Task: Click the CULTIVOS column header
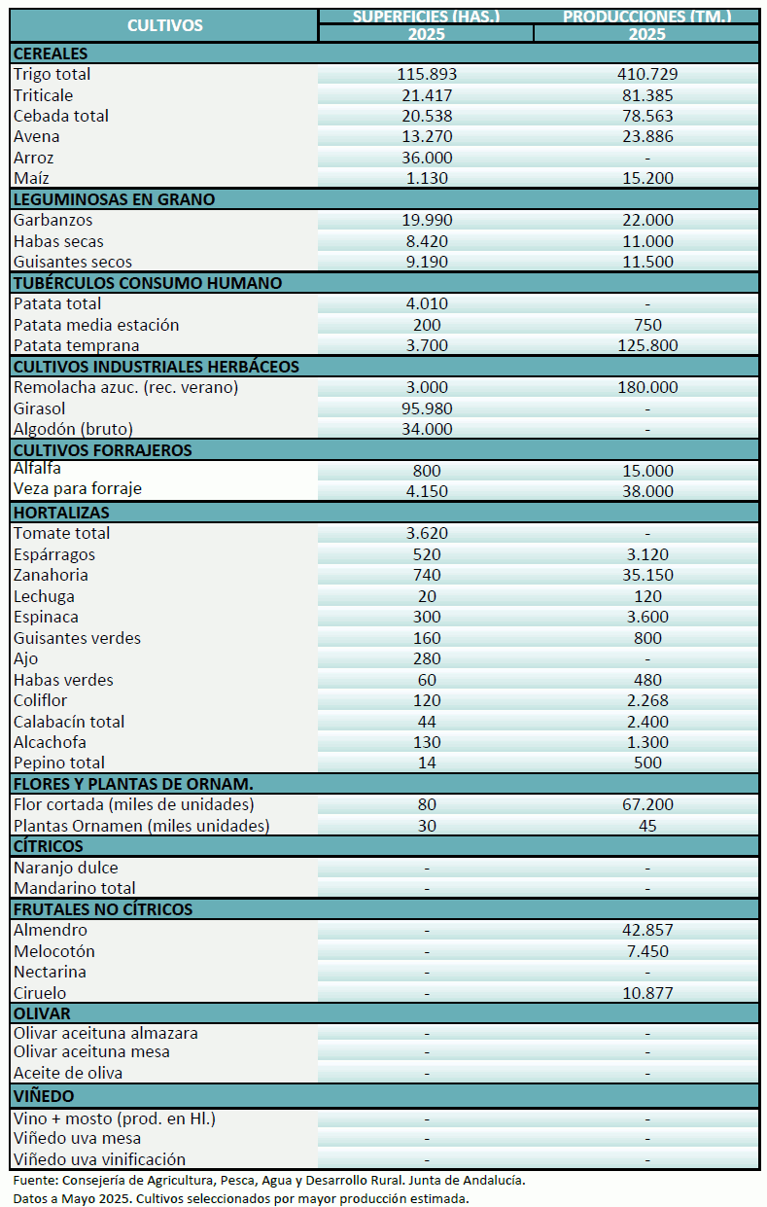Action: [x=164, y=25]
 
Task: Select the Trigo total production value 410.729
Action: [x=646, y=74]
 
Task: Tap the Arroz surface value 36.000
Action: [x=426, y=158]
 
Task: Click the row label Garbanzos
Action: [x=53, y=220]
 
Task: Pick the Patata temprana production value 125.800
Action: [x=646, y=345]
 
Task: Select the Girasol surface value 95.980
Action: [x=426, y=408]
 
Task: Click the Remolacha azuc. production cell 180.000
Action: [x=646, y=387]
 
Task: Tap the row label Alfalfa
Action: [x=38, y=469]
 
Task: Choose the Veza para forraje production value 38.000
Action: [x=646, y=491]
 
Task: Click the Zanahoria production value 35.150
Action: [x=646, y=575]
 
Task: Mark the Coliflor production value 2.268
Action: [x=646, y=700]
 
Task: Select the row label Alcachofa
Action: [x=50, y=742]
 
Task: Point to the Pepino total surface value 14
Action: [x=426, y=763]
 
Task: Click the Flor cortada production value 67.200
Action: [x=646, y=804]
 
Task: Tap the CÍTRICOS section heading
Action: [x=49, y=846]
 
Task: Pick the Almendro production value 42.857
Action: [x=646, y=930]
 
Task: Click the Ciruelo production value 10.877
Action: [x=646, y=993]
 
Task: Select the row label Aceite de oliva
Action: [x=68, y=1073]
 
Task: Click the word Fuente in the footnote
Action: [x=34, y=1180]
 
